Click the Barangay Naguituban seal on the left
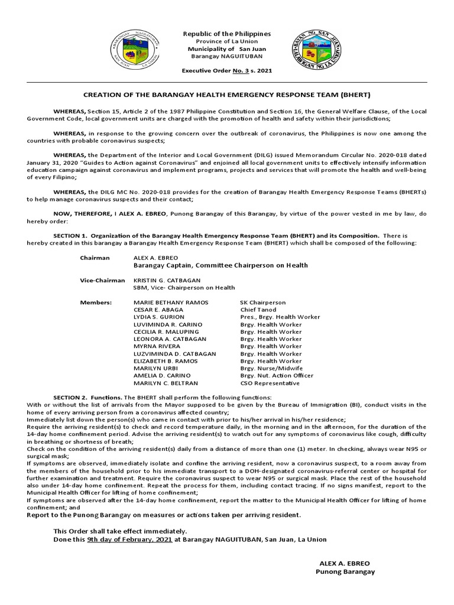[135, 49]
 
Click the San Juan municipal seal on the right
[316, 48]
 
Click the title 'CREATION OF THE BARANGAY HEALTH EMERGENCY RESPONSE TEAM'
[226, 95]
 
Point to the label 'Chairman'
[95, 258]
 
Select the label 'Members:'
[96, 302]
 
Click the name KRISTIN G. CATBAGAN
[167, 280]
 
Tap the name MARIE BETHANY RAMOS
[171, 302]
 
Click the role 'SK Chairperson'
[262, 302]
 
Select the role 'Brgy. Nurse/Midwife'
[269, 368]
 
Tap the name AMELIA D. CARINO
[163, 375]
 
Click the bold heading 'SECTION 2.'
[70, 397]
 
